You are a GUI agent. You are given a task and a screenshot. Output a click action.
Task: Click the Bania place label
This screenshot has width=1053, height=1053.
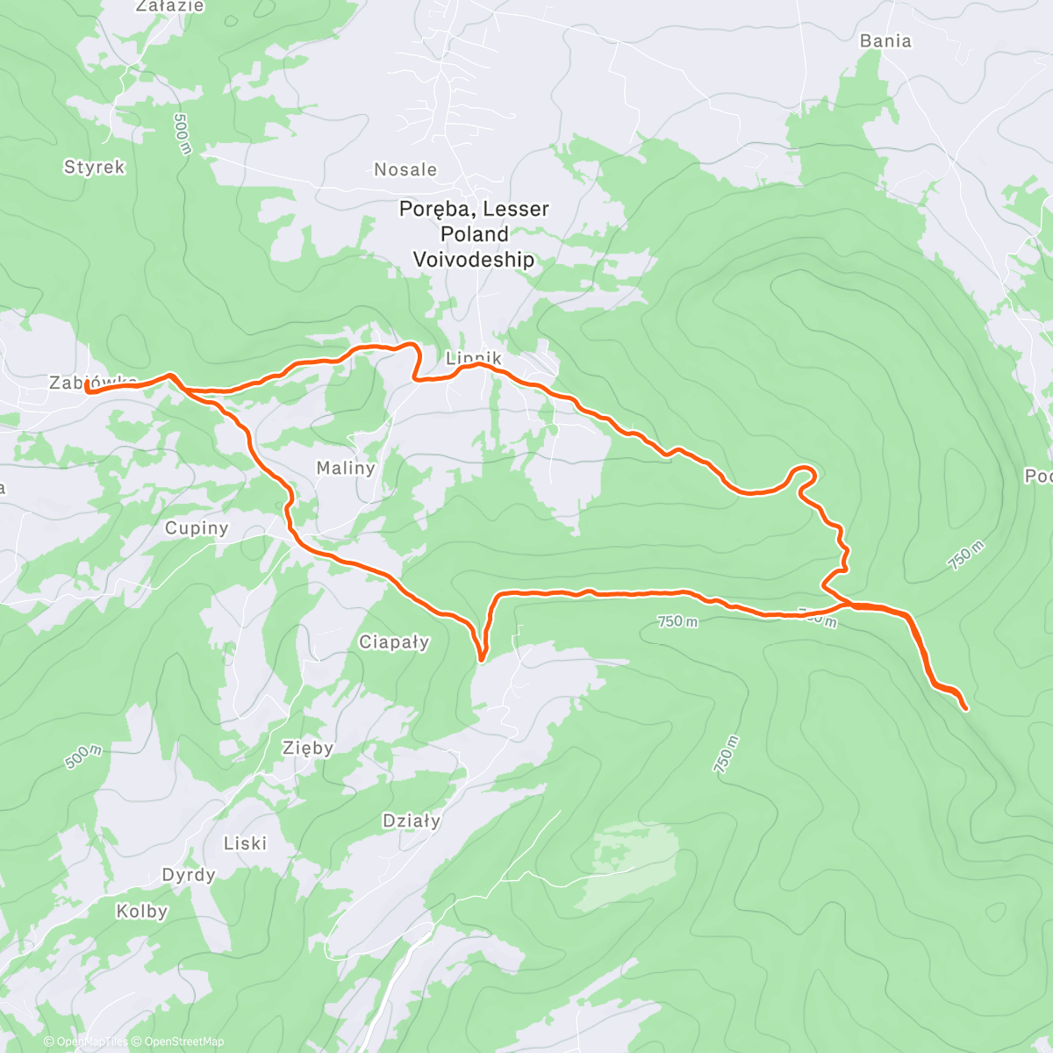coord(885,41)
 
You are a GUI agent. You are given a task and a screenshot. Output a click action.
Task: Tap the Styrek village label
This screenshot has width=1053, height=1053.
coord(95,167)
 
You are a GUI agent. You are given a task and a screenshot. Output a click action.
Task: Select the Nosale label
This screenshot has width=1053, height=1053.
coord(405,169)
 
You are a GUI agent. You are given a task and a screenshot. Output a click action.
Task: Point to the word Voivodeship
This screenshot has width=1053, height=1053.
coord(474,260)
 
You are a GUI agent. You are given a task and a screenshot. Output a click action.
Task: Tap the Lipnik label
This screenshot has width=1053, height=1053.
coord(474,357)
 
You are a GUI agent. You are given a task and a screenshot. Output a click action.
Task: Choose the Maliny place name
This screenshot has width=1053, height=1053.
coord(346,468)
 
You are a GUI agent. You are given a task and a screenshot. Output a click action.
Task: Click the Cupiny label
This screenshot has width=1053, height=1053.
coord(197,528)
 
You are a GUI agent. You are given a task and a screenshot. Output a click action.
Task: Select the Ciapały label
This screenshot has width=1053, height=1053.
coord(394,641)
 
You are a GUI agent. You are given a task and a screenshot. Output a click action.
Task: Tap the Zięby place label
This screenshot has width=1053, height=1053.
coord(307,748)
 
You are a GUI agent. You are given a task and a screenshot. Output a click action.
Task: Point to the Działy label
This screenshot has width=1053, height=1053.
coord(412,820)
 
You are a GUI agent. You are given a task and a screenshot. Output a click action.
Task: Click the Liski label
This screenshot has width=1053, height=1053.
coord(245,843)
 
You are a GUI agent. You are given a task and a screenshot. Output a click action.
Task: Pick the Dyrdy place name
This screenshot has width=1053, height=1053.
coord(189,875)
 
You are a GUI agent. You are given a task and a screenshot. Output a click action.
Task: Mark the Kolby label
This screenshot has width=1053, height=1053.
coord(142,912)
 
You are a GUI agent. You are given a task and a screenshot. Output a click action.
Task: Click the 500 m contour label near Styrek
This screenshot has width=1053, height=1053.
coord(182,134)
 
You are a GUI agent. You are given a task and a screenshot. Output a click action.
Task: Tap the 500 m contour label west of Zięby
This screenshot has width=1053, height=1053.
coord(83,756)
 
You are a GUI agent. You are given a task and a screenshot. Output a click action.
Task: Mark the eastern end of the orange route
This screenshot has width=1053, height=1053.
coord(965,707)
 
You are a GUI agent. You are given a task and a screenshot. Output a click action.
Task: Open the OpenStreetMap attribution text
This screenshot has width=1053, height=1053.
coord(183,1042)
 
